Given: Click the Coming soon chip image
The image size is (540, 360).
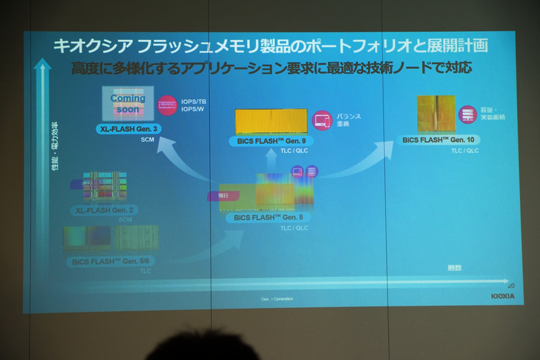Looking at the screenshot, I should [x=128, y=104].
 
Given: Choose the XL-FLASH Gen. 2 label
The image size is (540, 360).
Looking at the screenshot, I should [x=105, y=210].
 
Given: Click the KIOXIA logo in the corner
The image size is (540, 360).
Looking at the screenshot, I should [x=502, y=296].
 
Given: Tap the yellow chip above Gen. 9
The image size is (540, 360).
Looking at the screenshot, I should [x=271, y=121].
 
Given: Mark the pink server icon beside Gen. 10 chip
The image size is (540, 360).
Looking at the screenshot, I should [x=467, y=114].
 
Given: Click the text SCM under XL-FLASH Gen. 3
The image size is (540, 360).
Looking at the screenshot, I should [x=148, y=139].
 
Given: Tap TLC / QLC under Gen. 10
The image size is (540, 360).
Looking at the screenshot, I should [x=465, y=151].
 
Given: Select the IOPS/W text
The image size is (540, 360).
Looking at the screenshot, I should [x=192, y=109].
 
